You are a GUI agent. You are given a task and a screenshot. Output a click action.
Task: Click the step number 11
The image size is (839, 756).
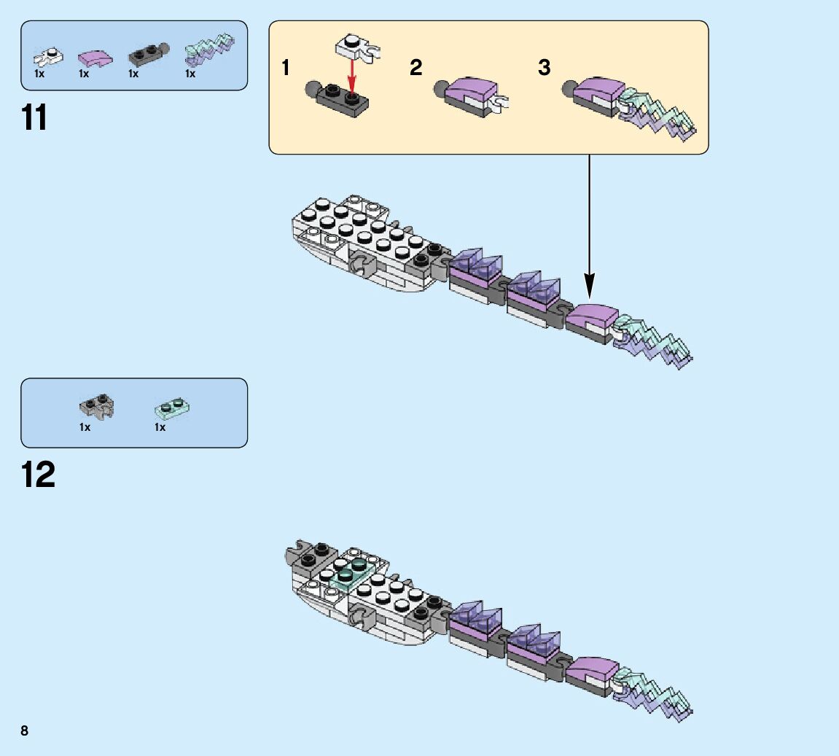[x=34, y=117]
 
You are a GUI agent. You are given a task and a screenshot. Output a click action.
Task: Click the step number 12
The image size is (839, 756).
[x=38, y=475]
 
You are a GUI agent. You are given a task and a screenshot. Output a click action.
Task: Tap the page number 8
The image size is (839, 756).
[x=24, y=730]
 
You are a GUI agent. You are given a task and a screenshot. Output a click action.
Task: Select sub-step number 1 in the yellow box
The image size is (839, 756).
[x=286, y=69]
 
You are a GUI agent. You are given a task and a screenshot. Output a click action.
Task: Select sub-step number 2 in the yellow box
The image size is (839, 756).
[x=415, y=68]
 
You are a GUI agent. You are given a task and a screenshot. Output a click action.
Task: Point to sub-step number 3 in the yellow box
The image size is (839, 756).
[x=544, y=68]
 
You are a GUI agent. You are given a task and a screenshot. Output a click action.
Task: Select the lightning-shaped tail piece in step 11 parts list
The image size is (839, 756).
[x=210, y=49]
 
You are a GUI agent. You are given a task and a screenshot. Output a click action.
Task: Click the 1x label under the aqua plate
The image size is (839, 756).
[x=160, y=427]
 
